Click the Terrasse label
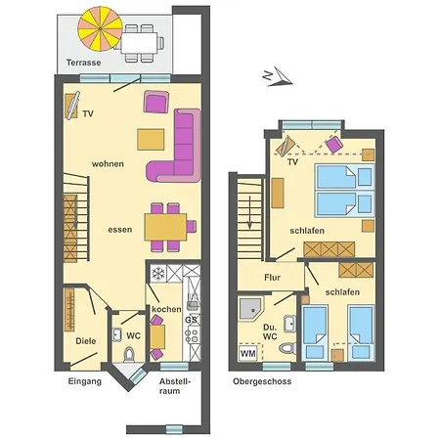(85, 62)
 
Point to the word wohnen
(108, 163)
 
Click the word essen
(120, 228)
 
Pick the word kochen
(165, 309)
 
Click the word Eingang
(85, 381)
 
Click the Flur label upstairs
(272, 277)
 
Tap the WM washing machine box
(248, 352)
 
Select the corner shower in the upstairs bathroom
(251, 306)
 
